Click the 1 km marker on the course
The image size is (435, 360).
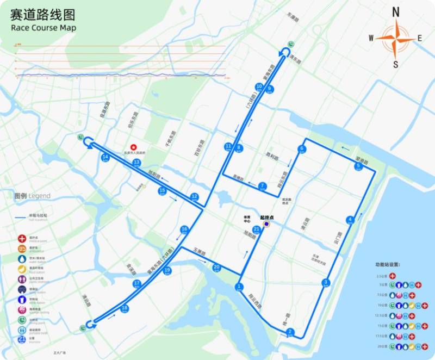click(238, 287)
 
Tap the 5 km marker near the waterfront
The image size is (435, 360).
click(358, 166)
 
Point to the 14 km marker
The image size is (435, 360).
click(105, 158)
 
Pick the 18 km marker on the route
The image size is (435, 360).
click(125, 309)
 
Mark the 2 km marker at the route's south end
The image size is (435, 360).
click(290, 332)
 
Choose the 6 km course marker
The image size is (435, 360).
click(301, 149)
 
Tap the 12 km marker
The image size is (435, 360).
click(194, 196)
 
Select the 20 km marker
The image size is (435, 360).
click(216, 267)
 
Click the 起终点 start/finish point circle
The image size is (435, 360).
click(266, 224)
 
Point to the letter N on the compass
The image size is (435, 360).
click(396, 12)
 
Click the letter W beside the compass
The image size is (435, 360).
click(371, 38)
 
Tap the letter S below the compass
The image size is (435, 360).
click(396, 64)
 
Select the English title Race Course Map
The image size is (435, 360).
click(43, 28)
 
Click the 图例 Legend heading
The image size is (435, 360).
click(32, 196)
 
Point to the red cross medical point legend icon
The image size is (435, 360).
click(22, 238)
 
